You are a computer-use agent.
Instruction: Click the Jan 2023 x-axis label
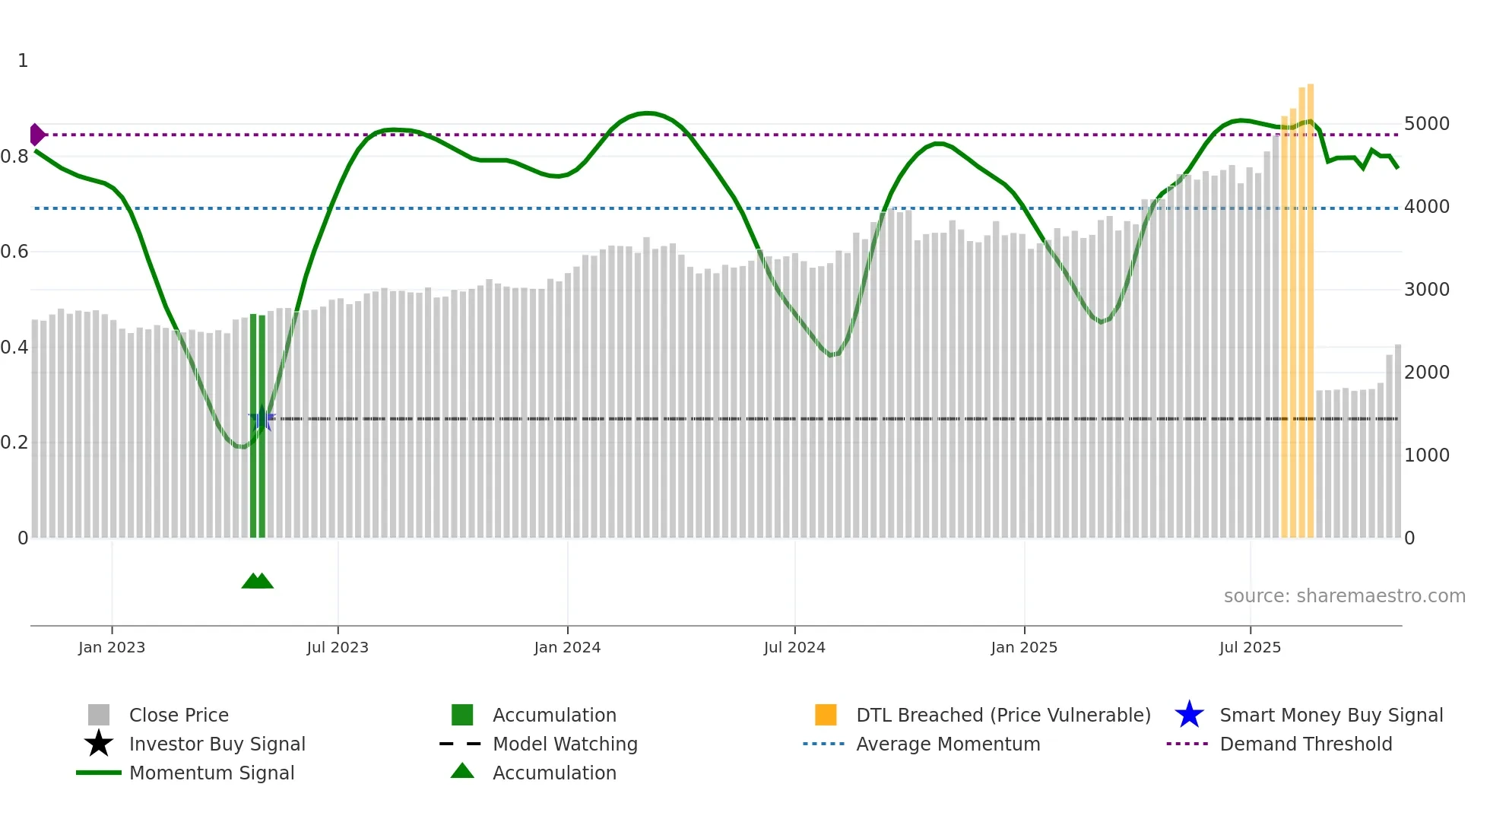click(x=111, y=647)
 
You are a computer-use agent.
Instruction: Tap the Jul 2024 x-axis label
click(x=794, y=647)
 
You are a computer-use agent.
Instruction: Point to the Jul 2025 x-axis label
click(x=1250, y=647)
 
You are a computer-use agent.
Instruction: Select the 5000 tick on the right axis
click(x=1427, y=124)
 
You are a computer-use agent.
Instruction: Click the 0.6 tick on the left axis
click(x=14, y=252)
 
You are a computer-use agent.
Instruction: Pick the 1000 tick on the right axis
click(x=1427, y=456)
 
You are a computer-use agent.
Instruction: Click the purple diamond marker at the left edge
click(x=36, y=135)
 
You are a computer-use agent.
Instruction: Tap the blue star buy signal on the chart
click(x=262, y=418)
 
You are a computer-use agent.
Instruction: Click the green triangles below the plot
click(x=257, y=581)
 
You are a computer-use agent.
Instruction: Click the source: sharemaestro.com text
click(x=1344, y=596)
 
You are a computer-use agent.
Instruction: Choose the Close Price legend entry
click(x=179, y=716)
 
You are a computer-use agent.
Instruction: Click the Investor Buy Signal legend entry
click(x=217, y=744)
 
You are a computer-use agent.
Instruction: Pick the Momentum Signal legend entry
click(x=211, y=773)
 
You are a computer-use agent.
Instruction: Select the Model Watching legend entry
click(x=565, y=744)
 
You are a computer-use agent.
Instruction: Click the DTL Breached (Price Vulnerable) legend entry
click(x=1003, y=716)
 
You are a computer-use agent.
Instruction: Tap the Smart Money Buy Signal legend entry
click(x=1330, y=716)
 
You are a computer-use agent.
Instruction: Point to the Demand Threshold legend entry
click(x=1305, y=744)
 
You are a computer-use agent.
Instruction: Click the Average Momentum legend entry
click(x=947, y=744)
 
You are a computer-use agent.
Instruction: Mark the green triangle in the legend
click(x=462, y=772)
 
